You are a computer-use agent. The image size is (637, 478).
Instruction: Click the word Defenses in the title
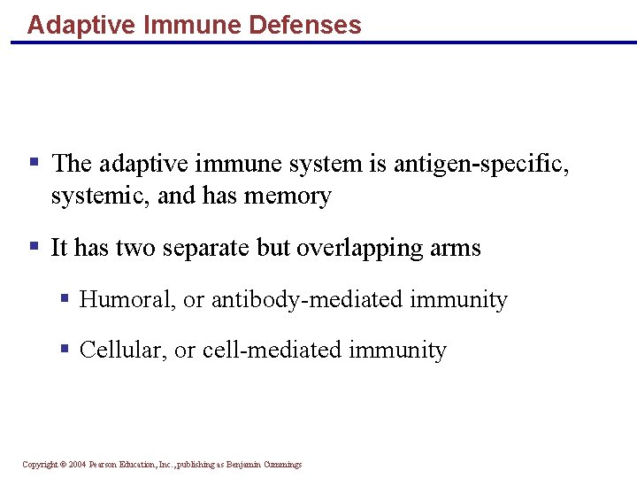304,25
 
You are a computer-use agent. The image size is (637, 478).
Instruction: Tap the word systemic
100,196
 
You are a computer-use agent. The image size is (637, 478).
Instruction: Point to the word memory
288,196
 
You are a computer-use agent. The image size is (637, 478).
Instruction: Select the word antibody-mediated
307,300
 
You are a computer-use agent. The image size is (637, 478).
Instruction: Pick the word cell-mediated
272,351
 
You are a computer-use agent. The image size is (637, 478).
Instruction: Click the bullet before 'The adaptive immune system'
34,162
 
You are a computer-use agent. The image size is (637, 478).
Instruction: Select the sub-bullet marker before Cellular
65,349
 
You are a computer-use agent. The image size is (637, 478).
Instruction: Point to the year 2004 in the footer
76,465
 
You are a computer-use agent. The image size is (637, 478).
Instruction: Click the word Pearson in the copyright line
104,465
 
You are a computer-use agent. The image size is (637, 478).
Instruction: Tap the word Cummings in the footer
281,465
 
